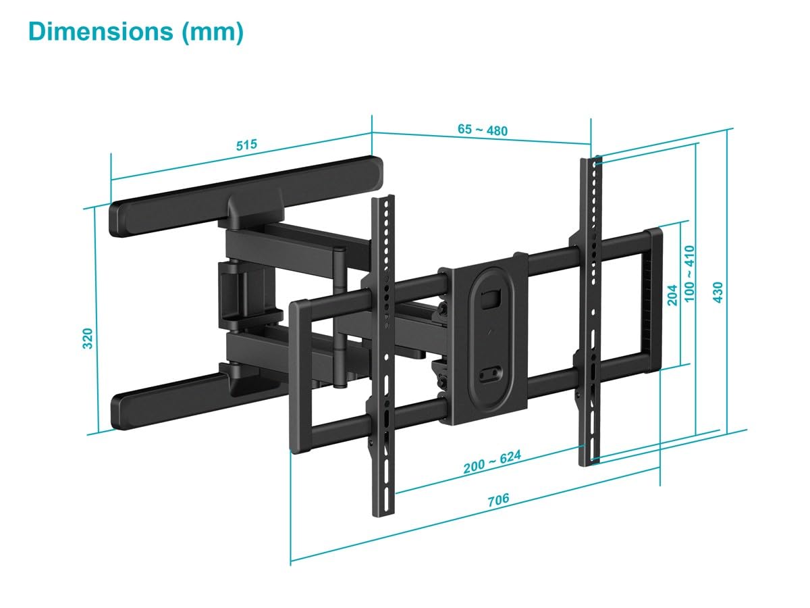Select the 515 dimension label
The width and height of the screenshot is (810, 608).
[x=247, y=145]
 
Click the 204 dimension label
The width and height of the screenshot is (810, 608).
[x=672, y=295]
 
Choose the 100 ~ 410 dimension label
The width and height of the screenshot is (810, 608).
[x=690, y=273]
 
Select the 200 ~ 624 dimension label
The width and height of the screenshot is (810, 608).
[x=492, y=462]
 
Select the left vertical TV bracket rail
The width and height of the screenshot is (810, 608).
[x=383, y=351]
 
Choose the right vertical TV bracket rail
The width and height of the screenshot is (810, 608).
[x=589, y=311]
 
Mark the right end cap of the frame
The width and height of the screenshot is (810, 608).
[x=652, y=301]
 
